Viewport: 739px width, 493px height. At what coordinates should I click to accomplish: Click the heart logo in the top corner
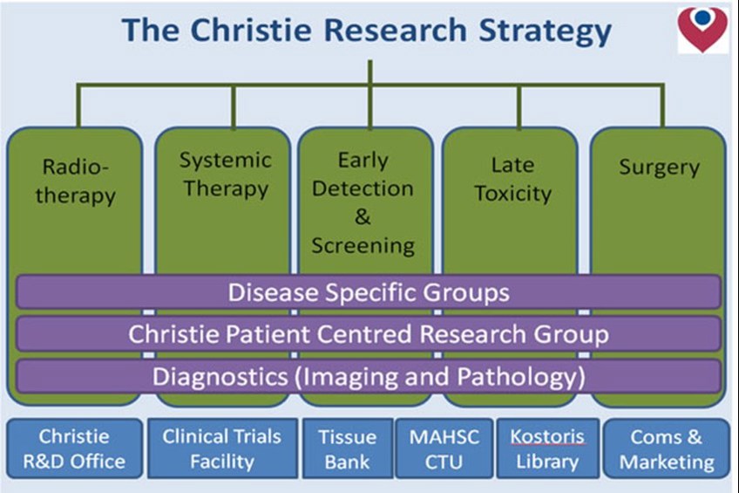pos(702,28)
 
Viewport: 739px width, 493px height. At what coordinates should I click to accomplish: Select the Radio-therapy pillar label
pos(76,181)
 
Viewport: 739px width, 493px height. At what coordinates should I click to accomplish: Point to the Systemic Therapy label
pos(225,175)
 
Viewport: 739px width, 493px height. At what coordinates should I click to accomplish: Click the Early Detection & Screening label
pos(363,202)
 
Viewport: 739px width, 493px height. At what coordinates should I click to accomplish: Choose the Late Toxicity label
pos(512,179)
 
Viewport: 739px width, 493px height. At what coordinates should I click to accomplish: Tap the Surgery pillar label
pos(659,168)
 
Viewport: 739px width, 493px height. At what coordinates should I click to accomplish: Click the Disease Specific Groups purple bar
pos(369,291)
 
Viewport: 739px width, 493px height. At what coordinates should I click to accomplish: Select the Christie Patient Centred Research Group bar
pos(369,333)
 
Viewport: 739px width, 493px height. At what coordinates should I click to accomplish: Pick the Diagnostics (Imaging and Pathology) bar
pos(369,376)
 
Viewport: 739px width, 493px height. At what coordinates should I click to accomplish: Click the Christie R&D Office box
pos(74,448)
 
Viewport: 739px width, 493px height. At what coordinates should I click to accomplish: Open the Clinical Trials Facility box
pos(221,448)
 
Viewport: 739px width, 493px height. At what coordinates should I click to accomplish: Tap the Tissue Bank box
pos(347,448)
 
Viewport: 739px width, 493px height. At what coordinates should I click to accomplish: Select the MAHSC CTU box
pos(444,448)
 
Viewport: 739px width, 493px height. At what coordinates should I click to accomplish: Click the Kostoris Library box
pos(547,448)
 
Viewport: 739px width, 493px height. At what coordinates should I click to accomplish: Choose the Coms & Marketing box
pos(665,448)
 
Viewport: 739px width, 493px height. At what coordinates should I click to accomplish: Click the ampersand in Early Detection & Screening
pos(363,216)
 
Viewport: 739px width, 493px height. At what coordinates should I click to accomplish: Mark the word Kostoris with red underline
pos(547,436)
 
